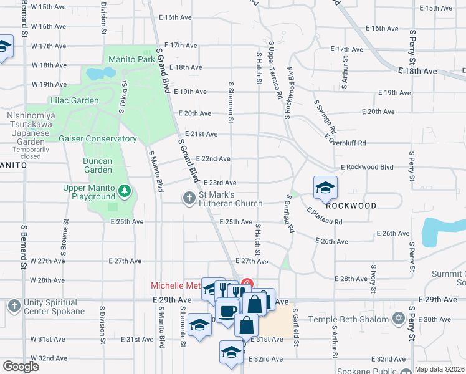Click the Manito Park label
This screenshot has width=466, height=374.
[x=131, y=60]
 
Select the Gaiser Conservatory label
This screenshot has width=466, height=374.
[x=98, y=139]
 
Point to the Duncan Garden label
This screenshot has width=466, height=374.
[x=98, y=165]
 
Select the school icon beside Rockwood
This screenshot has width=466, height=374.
[x=325, y=187]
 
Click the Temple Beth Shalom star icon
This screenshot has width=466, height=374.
[x=399, y=319]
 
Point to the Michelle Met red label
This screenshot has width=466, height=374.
[x=176, y=285]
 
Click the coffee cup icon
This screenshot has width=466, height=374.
[x=227, y=310]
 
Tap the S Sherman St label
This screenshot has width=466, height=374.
[x=231, y=102]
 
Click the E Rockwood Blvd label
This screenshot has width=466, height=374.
[x=367, y=167]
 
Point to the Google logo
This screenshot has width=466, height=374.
[x=21, y=366]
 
